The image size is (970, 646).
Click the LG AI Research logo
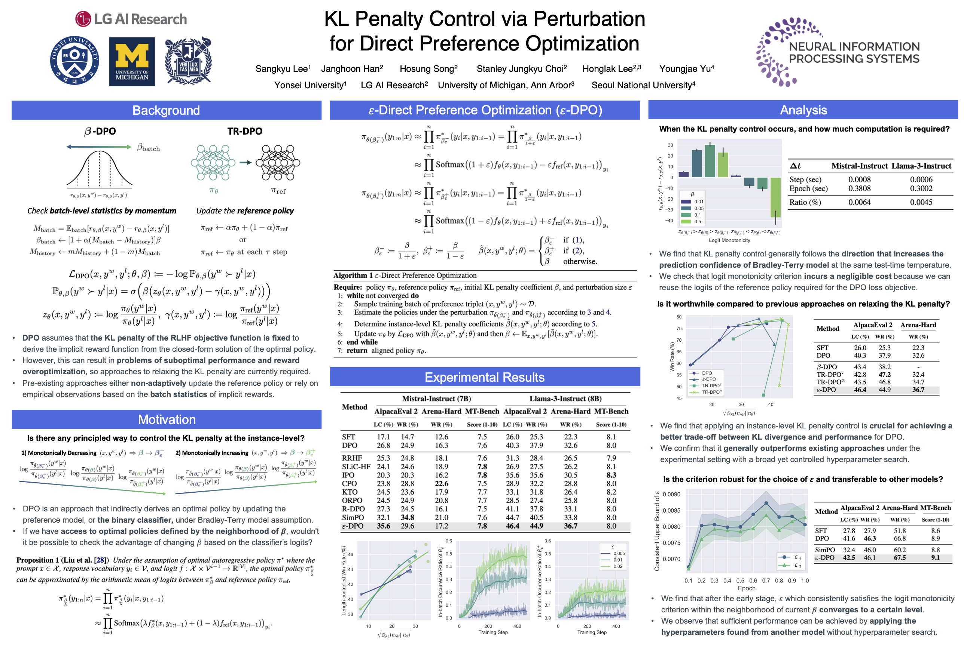(x=131, y=19)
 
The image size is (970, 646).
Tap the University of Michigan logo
(x=132, y=61)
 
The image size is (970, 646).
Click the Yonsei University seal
(x=74, y=60)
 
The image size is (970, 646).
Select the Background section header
(x=166, y=110)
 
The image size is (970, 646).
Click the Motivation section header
(x=167, y=419)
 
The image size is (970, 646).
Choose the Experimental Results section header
(x=485, y=377)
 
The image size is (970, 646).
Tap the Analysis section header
(x=803, y=110)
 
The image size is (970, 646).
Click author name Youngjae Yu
(x=686, y=69)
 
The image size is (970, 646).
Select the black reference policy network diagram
(x=278, y=163)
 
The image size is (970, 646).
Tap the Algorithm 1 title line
(x=405, y=276)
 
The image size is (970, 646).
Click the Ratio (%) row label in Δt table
(x=805, y=202)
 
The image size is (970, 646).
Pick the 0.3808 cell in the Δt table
(x=860, y=189)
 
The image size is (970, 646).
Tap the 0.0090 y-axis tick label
(x=671, y=494)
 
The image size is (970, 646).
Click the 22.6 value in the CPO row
(x=441, y=484)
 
